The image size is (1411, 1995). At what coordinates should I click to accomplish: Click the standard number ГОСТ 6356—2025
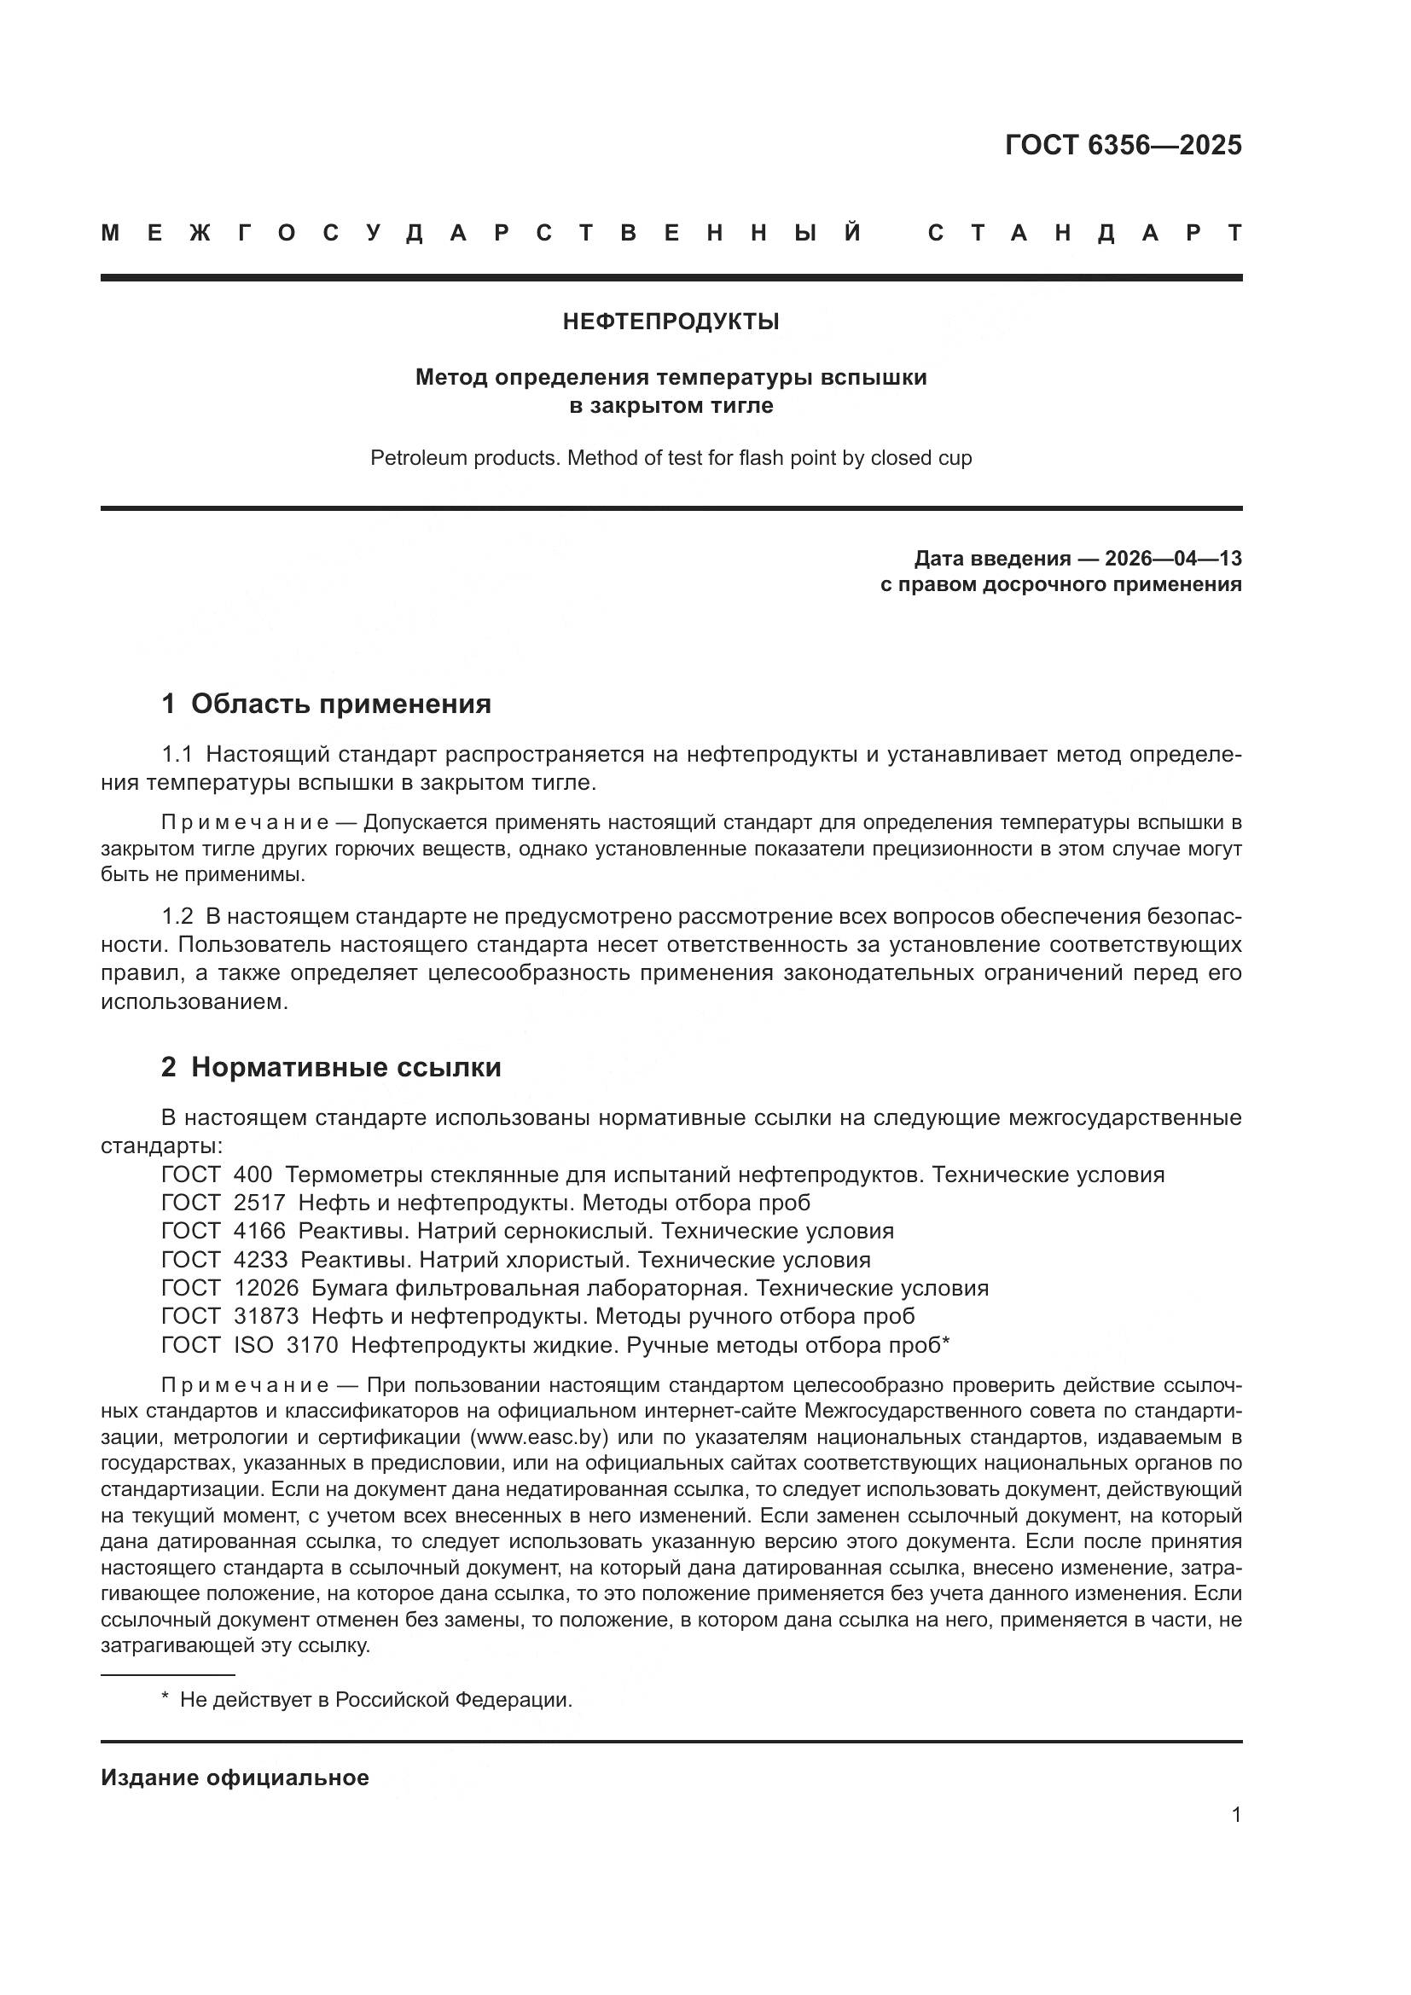click(1123, 145)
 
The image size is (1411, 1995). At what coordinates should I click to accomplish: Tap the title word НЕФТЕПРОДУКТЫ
click(671, 322)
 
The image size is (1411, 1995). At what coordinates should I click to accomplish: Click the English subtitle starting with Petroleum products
click(671, 458)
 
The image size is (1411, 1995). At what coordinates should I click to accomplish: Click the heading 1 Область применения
click(326, 704)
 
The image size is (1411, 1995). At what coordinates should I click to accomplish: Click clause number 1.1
click(177, 755)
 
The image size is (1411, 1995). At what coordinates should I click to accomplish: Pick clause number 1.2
click(177, 917)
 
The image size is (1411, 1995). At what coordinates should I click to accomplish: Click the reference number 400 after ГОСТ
click(253, 1174)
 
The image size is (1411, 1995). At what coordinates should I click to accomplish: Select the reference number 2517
click(259, 1203)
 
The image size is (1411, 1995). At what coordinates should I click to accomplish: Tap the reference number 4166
click(259, 1232)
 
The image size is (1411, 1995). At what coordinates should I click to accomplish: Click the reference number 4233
click(259, 1260)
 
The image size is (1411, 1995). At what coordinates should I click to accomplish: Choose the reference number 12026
click(266, 1289)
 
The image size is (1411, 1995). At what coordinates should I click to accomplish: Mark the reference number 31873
click(266, 1316)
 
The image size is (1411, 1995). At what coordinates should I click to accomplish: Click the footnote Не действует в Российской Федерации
click(375, 1701)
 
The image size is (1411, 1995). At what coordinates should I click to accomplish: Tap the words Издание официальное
click(235, 1778)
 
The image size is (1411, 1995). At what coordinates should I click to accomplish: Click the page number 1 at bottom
click(1236, 1814)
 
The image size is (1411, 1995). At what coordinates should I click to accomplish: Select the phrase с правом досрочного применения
click(1060, 585)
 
